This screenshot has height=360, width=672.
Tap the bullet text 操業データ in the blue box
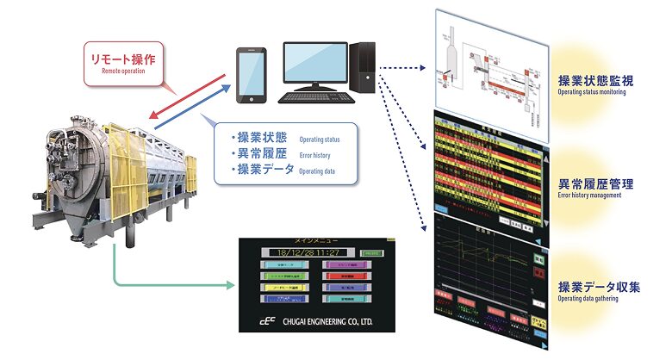click(262, 171)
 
